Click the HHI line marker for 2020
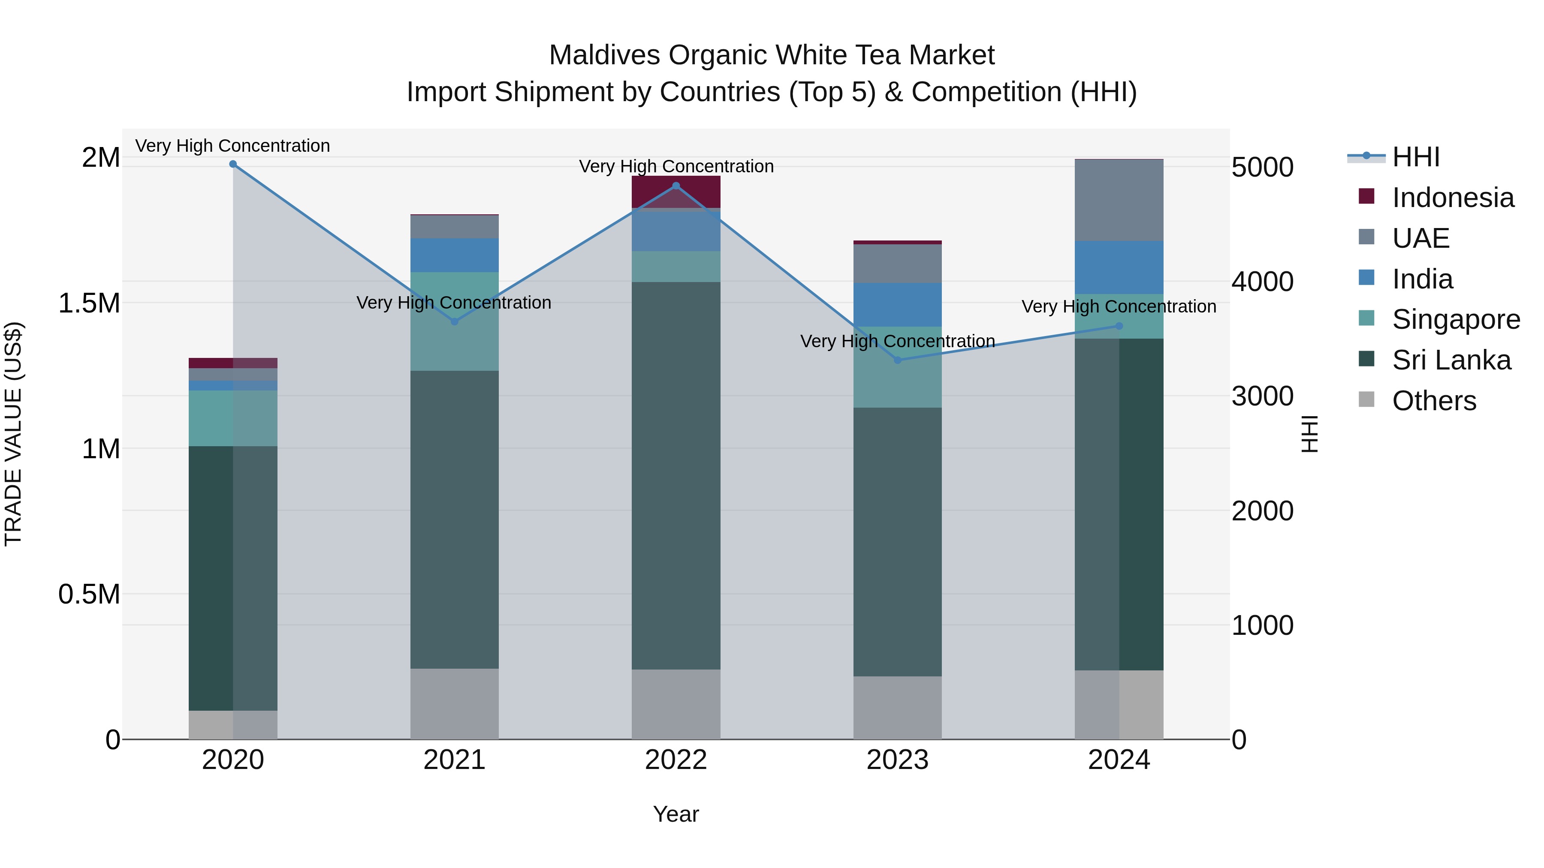(233, 164)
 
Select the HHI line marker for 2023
(897, 360)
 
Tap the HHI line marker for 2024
(1119, 326)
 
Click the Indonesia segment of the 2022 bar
(675, 192)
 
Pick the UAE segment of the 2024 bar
(1119, 200)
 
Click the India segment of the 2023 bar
(897, 304)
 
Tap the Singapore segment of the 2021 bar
(454, 321)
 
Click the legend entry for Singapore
(1455, 319)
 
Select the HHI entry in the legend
(1415, 157)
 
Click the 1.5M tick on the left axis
(89, 303)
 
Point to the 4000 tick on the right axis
(1262, 282)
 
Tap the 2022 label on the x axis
(675, 760)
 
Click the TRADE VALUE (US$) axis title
(13, 434)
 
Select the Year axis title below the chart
(675, 814)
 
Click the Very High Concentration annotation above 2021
(454, 303)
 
